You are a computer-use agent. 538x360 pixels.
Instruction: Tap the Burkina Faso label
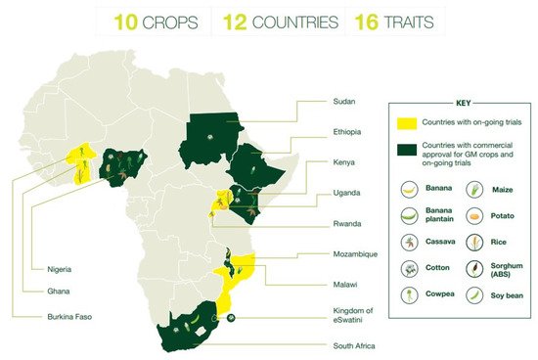(49, 316)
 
